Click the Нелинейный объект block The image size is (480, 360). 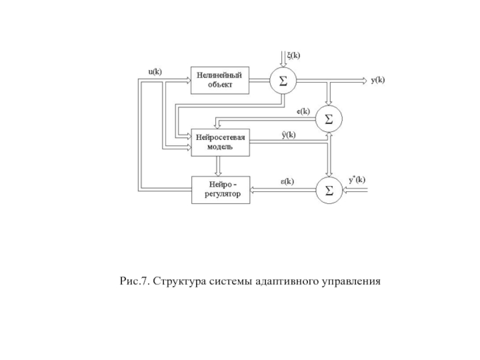(220, 80)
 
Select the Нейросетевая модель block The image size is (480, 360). (220, 142)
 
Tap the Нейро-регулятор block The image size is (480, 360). (220, 190)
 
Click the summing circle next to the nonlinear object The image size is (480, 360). (283, 80)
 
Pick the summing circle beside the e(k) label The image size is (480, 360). (328, 119)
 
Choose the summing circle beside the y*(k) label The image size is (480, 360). (328, 190)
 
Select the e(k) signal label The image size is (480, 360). (304, 111)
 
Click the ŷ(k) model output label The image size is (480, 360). (289, 134)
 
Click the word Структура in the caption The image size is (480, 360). (178, 280)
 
